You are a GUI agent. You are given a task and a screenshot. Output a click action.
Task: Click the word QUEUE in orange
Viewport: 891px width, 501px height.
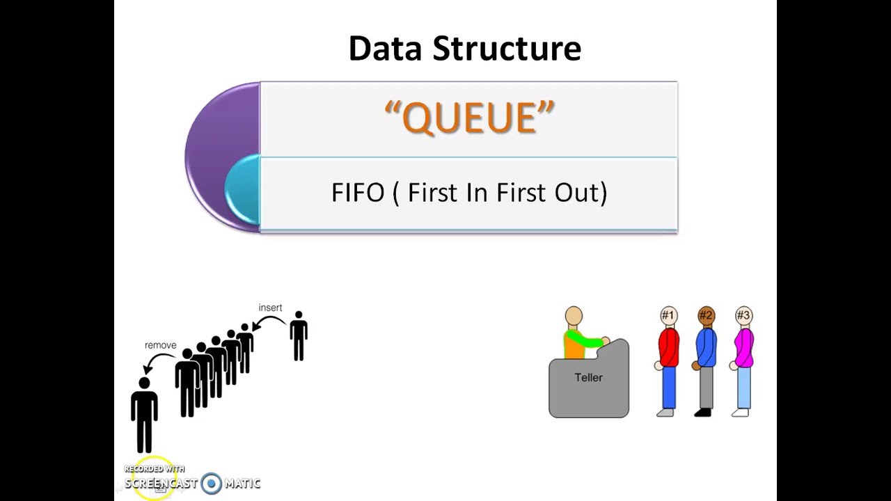[x=469, y=118]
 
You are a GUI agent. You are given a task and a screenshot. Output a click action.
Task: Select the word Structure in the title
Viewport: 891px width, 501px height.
[x=507, y=49]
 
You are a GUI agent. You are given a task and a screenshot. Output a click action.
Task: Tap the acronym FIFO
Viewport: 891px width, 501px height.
[x=358, y=193]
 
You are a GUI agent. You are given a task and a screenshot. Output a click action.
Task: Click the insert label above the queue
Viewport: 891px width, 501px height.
[x=270, y=308]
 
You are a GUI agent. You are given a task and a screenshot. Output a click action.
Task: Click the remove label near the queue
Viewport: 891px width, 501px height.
[x=160, y=345]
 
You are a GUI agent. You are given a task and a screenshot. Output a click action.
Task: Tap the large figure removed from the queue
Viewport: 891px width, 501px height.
[x=144, y=413]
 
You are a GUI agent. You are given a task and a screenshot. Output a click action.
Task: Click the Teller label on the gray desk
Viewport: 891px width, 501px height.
[x=588, y=378]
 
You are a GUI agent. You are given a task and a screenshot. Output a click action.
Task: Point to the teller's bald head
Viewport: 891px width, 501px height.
[x=574, y=317]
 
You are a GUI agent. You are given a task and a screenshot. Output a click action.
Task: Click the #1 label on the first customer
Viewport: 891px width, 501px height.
[x=668, y=316]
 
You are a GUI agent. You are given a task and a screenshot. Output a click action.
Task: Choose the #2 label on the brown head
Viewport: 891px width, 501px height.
[x=706, y=316]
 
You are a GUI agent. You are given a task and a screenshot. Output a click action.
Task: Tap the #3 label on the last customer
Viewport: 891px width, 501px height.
[x=743, y=316]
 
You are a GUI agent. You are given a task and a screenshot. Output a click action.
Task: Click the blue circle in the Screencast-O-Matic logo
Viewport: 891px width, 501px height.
[x=212, y=483]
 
